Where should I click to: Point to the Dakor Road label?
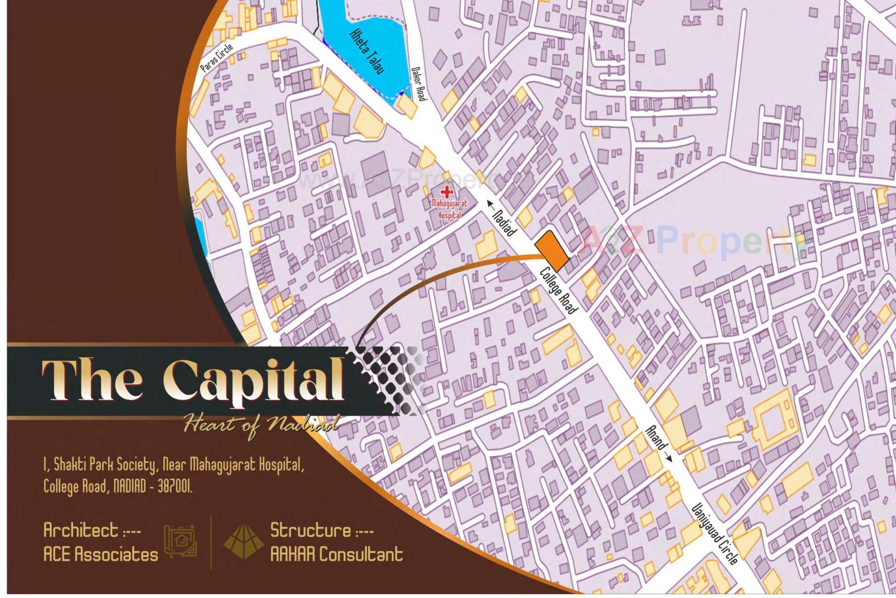(x=419, y=83)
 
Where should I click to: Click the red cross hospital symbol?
(x=447, y=192)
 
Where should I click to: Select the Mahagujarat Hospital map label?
(x=449, y=209)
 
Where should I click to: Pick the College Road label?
(x=559, y=290)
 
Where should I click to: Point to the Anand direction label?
(x=658, y=443)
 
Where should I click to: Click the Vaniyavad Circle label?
(x=715, y=533)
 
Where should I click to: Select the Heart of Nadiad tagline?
(x=261, y=425)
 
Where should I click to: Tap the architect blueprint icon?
(x=180, y=542)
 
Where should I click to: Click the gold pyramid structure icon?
(x=241, y=542)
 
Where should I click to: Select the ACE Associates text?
(x=101, y=555)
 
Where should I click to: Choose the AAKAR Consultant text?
(x=336, y=555)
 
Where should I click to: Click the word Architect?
(x=81, y=530)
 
